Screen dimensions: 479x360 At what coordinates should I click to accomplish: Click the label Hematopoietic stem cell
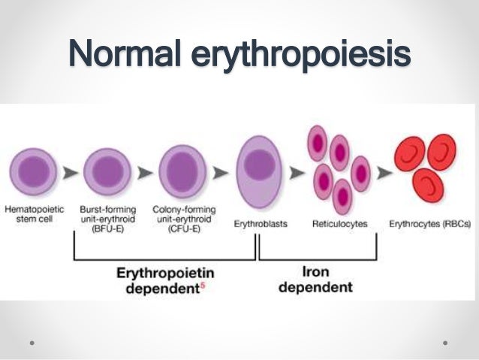(x=34, y=212)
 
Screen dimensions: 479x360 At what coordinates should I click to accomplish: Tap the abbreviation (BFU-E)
(x=108, y=224)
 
